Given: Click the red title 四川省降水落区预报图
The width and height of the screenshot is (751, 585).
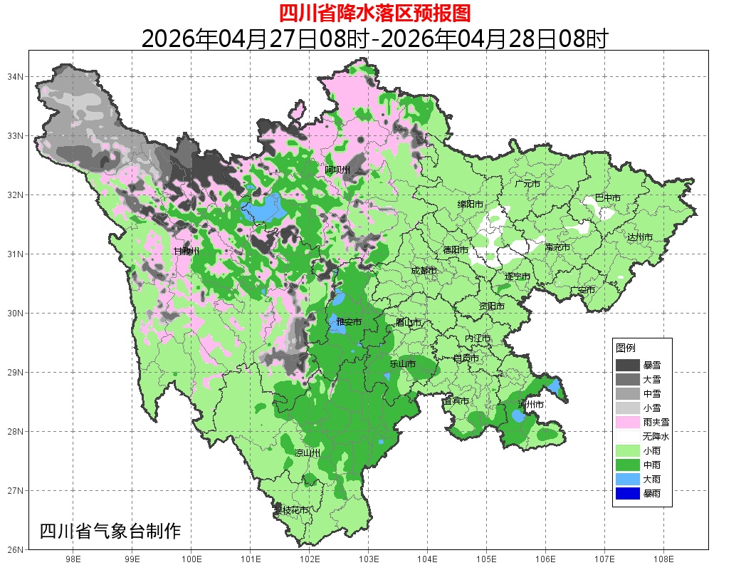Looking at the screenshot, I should (374, 14).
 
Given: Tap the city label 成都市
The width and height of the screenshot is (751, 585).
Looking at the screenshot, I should (424, 271).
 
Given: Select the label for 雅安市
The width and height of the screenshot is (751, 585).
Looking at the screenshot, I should (349, 323).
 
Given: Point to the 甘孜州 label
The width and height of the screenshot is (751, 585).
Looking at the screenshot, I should (187, 251).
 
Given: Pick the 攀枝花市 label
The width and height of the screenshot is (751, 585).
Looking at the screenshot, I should (292, 510).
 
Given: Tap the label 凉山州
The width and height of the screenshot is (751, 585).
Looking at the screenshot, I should (308, 453).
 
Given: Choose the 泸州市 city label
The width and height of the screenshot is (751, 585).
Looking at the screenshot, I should (531, 404).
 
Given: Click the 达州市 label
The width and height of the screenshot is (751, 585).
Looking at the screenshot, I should (640, 237).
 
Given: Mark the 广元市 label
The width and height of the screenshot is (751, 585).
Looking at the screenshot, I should (527, 184).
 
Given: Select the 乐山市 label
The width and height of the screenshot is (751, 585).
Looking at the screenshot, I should (402, 363).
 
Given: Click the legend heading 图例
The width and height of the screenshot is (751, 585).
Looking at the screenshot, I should (626, 348).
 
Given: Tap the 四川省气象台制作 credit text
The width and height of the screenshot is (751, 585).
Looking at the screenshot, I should (110, 531).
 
